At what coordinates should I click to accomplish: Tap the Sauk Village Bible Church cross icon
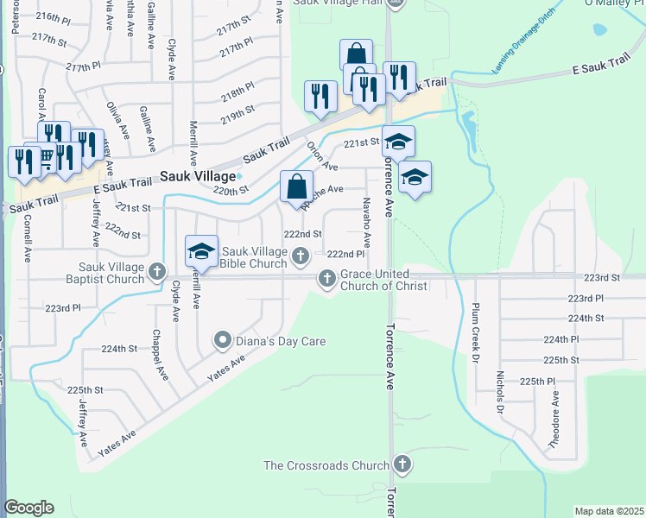[301, 255]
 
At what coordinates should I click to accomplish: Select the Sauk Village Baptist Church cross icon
[157, 271]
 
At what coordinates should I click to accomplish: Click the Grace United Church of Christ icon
[326, 278]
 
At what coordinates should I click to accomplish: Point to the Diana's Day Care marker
[223, 341]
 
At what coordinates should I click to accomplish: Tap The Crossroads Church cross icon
[400, 465]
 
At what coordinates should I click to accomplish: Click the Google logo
[28, 508]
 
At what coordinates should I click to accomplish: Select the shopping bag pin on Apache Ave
[296, 187]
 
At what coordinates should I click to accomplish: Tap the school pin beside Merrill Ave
[201, 252]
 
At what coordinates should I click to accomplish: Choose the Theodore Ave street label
[555, 420]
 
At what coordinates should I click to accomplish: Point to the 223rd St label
[602, 278]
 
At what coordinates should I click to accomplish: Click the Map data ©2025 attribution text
[609, 511]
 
